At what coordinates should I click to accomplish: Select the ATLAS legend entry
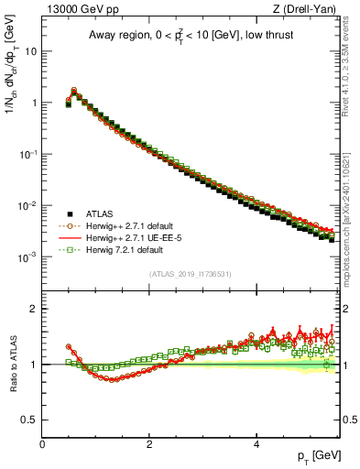tap(97, 213)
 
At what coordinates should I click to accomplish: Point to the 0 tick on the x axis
tap(42, 442)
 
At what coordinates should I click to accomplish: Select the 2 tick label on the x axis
tap(149, 442)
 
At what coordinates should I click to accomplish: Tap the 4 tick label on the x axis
tap(256, 442)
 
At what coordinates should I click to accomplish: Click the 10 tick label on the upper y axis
tap(30, 51)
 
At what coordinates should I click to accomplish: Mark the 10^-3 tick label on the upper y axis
tap(27, 257)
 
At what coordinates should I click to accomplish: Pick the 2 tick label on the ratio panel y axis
tap(34, 309)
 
